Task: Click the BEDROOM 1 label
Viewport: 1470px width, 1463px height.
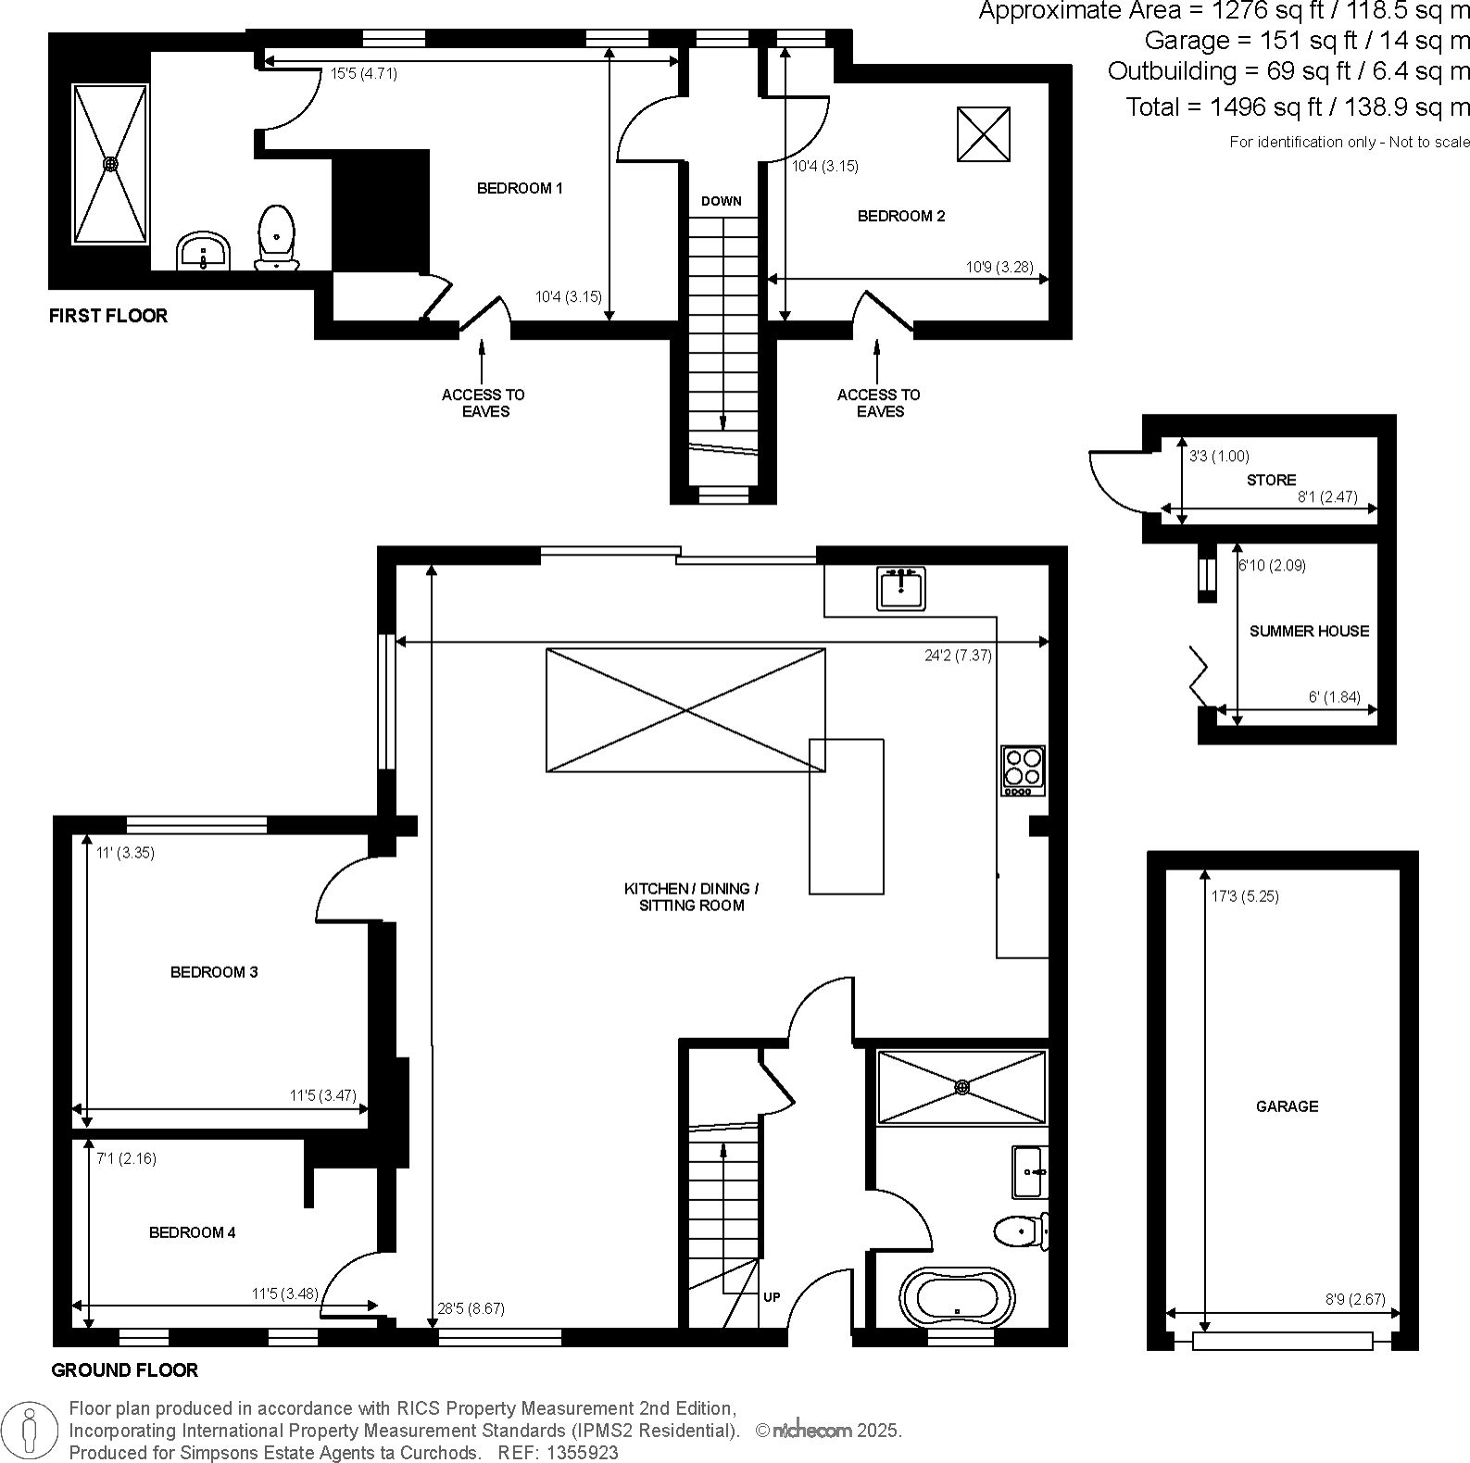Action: [x=520, y=189]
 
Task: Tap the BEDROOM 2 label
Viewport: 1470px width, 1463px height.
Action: [x=901, y=217]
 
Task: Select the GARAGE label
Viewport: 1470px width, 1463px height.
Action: [x=1287, y=1107]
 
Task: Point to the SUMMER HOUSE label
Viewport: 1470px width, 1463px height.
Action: [x=1309, y=631]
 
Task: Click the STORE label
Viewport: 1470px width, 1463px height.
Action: [x=1271, y=481]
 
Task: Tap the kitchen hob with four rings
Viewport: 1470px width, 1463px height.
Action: [x=1023, y=770]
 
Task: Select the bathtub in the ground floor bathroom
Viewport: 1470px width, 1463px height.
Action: [x=957, y=1298]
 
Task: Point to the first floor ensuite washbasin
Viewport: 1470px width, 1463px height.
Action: [x=204, y=252]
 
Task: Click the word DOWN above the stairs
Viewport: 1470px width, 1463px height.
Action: [x=722, y=202]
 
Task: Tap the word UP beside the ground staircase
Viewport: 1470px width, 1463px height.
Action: [x=772, y=1297]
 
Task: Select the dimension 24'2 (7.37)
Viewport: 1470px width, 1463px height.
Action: [x=958, y=656]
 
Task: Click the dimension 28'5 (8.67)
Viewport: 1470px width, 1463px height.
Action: [x=471, y=1309]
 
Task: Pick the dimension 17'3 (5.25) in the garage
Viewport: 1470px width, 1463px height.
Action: [x=1245, y=896]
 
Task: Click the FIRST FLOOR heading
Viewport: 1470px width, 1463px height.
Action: [x=108, y=316]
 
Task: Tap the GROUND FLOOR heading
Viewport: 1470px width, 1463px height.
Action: [x=125, y=1370]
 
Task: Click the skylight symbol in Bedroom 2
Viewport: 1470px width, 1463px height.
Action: [x=983, y=134]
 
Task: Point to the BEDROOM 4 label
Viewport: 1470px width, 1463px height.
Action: [x=193, y=1233]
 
